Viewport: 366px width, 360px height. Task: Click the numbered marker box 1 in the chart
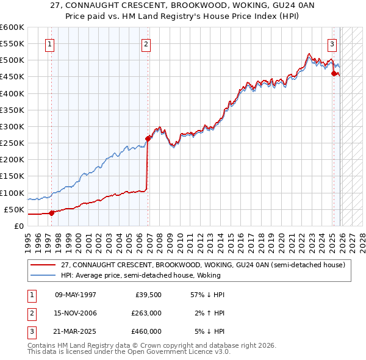click(49, 44)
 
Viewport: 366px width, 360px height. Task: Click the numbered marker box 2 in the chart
click(146, 44)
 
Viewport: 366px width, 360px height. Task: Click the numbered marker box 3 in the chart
click(332, 44)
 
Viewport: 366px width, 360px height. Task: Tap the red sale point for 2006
click(148, 139)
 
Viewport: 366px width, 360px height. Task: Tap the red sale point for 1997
click(52, 212)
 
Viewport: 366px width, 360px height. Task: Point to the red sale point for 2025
click(334, 73)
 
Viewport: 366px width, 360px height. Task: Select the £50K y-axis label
click(14, 209)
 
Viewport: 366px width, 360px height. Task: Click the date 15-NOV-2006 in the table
click(76, 313)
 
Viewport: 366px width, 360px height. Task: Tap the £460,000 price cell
click(146, 331)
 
